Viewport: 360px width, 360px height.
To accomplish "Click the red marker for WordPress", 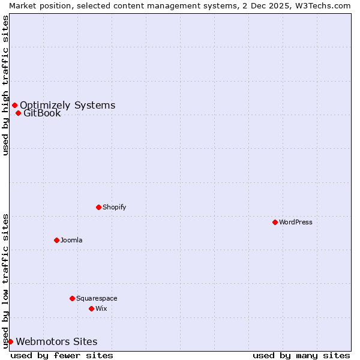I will (x=275, y=222).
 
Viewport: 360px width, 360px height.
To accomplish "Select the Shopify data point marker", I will (x=98, y=207).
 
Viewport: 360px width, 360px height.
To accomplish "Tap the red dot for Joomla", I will (x=56, y=240).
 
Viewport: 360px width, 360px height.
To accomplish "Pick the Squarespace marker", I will (x=72, y=298).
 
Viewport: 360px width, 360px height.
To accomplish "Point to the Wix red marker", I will (x=91, y=308).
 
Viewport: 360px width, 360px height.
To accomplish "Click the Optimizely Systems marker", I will (x=14, y=106).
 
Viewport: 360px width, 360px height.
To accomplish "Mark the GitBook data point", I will (x=18, y=113).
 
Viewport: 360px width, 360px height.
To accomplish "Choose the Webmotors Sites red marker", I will (x=10, y=341).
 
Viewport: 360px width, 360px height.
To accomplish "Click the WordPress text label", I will (x=296, y=222).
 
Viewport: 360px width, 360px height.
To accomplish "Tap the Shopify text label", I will (x=114, y=207).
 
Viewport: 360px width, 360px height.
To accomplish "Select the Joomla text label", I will (x=71, y=240).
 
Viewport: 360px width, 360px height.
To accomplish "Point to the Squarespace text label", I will (x=97, y=298).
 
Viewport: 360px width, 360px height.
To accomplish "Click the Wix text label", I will (x=101, y=308).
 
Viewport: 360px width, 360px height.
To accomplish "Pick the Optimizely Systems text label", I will (x=67, y=106).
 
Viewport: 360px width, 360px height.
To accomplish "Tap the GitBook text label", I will (x=42, y=113).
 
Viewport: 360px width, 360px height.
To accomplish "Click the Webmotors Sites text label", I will (x=56, y=342).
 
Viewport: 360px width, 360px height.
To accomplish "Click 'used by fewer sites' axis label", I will (x=62, y=355).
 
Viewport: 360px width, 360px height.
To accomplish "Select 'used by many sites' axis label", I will (x=301, y=355).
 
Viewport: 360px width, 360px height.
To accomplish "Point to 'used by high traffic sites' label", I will (x=5, y=85).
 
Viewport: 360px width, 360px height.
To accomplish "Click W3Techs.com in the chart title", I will (x=326, y=5).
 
